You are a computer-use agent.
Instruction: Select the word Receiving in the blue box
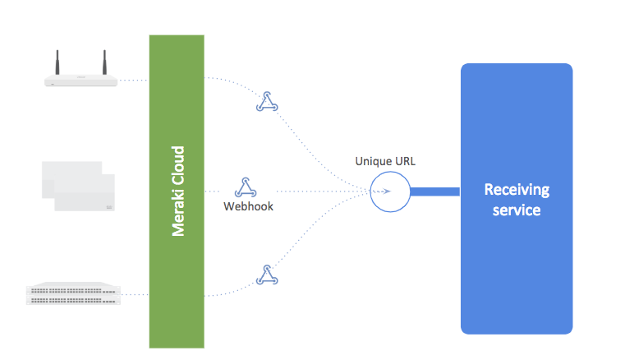click(x=516, y=190)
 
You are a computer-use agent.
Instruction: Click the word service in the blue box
click(x=516, y=210)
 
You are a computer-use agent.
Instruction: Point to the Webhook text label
click(x=248, y=206)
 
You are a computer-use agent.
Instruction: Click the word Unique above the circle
click(x=371, y=161)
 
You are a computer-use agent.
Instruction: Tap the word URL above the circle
click(x=404, y=161)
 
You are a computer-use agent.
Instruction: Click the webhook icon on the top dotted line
click(x=265, y=102)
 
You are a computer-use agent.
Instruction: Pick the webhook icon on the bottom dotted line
click(x=265, y=275)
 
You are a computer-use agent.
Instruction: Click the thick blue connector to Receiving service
click(x=434, y=192)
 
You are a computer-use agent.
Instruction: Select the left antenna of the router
click(x=58, y=62)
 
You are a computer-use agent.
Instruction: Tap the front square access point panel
click(x=85, y=194)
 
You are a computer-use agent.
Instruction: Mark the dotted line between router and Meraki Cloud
click(x=134, y=81)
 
